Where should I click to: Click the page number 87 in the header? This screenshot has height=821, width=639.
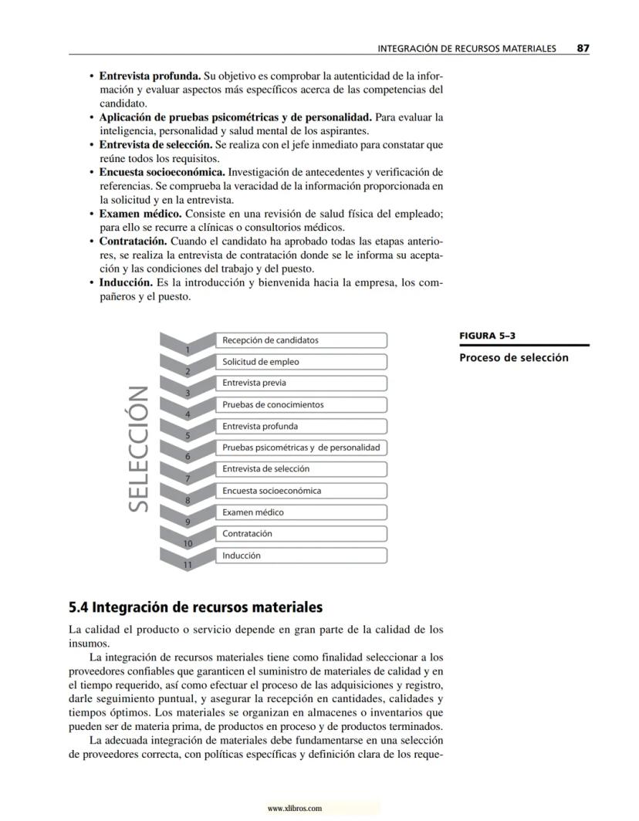click(x=583, y=49)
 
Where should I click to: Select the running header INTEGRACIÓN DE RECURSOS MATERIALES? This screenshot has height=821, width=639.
click(x=466, y=49)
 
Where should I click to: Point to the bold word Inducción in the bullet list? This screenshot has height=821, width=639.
click(x=126, y=282)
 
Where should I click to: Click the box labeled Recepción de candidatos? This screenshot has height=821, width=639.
click(x=301, y=340)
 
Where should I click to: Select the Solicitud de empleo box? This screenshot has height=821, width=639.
click(x=301, y=362)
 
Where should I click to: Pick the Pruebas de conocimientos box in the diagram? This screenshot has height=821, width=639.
click(x=301, y=405)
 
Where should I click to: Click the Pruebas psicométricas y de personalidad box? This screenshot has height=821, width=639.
click(x=301, y=448)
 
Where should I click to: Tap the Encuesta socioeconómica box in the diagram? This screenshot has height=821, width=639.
click(x=301, y=491)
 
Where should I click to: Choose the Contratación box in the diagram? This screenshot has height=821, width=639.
click(x=301, y=534)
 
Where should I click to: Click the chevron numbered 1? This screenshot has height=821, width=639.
click(x=187, y=346)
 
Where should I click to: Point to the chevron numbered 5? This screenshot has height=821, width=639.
click(x=187, y=432)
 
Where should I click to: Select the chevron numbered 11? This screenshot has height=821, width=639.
click(x=187, y=561)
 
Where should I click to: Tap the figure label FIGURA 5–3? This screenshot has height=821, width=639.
click(x=487, y=336)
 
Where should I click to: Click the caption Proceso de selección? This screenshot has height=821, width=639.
click(x=513, y=357)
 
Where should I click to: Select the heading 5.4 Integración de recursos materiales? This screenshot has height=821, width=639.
click(x=195, y=607)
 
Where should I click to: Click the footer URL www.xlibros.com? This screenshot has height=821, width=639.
click(x=294, y=809)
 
